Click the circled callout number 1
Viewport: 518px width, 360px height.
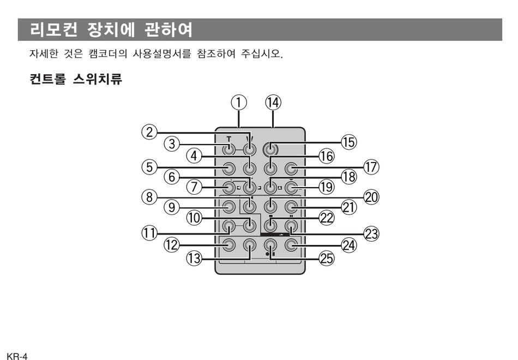[238, 102]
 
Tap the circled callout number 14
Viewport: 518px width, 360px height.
[273, 102]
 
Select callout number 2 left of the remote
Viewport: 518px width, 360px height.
[149, 132]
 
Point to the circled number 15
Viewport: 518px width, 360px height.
[348, 142]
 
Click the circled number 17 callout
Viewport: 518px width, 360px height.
[371, 167]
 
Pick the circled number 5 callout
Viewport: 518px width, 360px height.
[149, 167]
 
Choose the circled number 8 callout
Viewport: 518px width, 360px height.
[149, 197]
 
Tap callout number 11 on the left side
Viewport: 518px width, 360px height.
[149, 233]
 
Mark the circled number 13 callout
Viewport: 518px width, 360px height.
[194, 259]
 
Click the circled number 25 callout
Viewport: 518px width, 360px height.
[326, 259]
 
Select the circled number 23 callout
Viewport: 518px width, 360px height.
[371, 233]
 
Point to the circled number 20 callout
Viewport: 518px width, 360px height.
[371, 197]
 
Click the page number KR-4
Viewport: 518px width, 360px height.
[14, 356]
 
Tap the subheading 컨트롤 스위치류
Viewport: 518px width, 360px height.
[76, 80]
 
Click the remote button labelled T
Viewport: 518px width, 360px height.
[229, 148]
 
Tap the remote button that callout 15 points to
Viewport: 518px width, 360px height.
[269, 148]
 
